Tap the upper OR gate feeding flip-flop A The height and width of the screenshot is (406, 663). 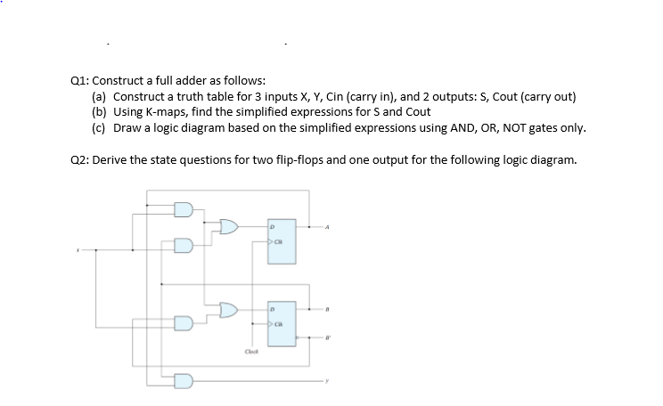[x=229, y=227]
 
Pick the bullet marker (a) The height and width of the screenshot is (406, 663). [x=100, y=95]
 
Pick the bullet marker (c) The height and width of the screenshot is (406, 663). [x=100, y=128]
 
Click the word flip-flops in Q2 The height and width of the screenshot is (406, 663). [x=302, y=161]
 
